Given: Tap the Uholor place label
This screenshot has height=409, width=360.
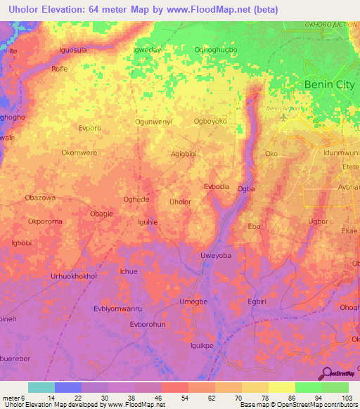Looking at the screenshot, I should point(181,202).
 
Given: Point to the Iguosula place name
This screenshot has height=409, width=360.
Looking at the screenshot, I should point(77,50).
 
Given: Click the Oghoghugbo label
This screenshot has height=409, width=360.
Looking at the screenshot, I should point(215,50).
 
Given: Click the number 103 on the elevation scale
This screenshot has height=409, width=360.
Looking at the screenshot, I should point(345,398).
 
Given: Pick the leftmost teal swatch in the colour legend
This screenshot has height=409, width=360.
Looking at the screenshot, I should point(41,387).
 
